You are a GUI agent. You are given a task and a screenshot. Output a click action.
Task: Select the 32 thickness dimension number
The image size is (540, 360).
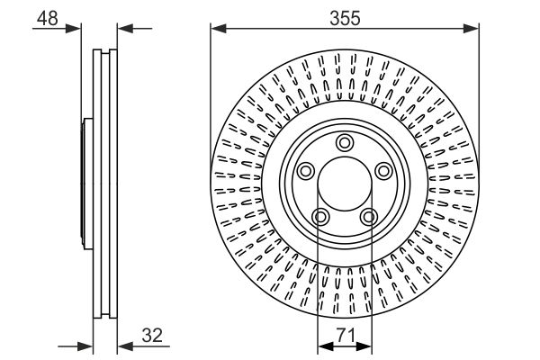pos(152,337)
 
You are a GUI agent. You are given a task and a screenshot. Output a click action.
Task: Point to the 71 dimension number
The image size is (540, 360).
pos(344,337)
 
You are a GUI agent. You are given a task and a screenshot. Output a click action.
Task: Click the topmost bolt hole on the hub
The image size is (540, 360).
pos(344,141)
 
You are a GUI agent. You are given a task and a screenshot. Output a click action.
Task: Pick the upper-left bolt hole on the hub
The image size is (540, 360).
pos(304,171)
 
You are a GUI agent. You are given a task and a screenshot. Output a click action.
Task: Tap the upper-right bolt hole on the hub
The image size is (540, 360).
pos(383,171)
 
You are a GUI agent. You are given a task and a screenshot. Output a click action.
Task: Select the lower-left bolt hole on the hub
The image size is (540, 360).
pos(319,216)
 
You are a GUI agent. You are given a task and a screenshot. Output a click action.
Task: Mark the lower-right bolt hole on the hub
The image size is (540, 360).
pos(368,216)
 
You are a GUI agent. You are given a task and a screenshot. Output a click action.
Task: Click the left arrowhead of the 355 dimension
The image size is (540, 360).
pos(216,30)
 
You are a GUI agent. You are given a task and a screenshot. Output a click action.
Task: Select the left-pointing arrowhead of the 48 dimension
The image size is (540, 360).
pos(123,30)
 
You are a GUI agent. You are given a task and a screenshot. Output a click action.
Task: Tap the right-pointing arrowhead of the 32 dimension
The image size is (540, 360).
pos(88,346)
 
